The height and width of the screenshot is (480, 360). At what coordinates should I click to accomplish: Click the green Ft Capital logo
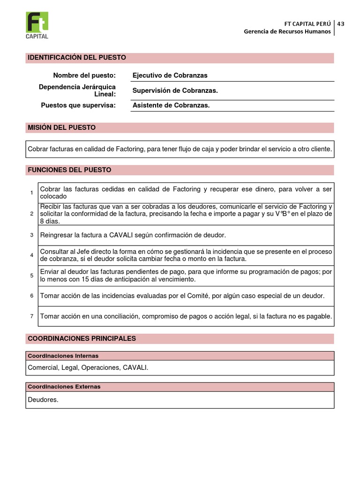(x=37, y=25)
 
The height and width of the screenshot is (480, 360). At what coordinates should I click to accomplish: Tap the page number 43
(x=341, y=23)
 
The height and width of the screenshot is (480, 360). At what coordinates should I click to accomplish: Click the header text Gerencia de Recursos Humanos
(x=287, y=31)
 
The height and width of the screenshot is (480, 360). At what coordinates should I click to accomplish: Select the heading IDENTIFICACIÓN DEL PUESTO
(x=77, y=58)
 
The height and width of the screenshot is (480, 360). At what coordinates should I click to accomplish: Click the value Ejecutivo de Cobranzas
(x=170, y=75)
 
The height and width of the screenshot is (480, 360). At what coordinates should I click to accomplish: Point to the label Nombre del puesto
(x=84, y=75)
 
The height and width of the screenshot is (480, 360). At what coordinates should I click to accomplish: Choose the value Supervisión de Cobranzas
(x=175, y=90)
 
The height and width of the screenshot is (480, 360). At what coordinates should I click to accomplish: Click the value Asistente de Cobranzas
(x=171, y=105)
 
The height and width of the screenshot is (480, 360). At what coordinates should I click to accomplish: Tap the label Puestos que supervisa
(x=78, y=105)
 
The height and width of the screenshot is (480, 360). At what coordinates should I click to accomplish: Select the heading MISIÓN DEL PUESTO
(x=61, y=127)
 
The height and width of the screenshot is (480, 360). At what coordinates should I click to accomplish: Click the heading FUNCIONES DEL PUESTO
(x=69, y=170)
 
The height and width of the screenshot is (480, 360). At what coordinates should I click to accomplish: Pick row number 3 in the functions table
(x=32, y=235)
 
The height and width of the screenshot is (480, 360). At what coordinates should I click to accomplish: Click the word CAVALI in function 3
(x=123, y=235)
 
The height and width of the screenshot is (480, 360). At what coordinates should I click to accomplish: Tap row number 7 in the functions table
(x=32, y=316)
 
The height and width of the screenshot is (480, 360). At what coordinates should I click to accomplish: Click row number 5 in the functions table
(x=32, y=276)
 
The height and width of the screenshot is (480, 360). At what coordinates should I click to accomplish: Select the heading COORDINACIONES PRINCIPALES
(x=82, y=338)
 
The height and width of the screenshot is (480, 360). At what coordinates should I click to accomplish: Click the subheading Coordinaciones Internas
(x=63, y=356)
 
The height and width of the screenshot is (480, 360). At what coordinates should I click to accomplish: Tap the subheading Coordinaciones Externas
(x=64, y=387)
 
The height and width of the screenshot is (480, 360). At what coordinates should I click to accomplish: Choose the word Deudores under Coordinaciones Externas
(x=43, y=400)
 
